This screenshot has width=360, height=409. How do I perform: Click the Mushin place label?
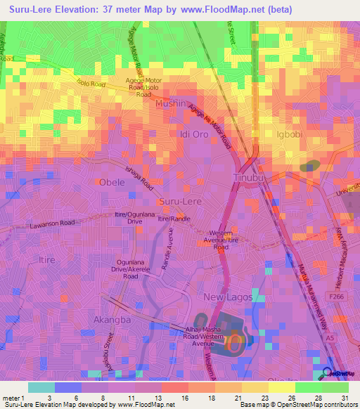170,103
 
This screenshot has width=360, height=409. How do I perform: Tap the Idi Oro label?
194,134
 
